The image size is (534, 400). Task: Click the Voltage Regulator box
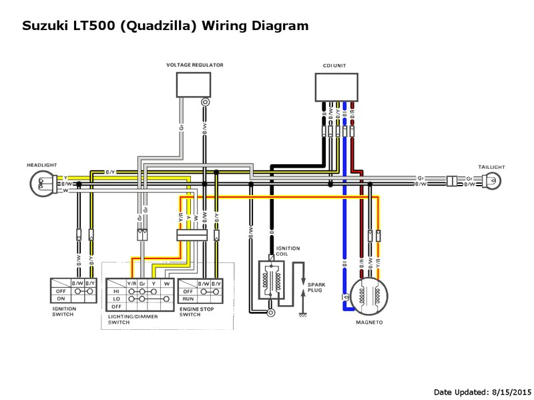(194, 84)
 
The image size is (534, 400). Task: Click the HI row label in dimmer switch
(117, 292)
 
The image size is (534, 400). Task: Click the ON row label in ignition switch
(60, 300)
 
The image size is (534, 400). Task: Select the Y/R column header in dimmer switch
(132, 283)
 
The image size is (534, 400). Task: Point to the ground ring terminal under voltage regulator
(206, 102)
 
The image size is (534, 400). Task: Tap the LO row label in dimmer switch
(117, 300)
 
